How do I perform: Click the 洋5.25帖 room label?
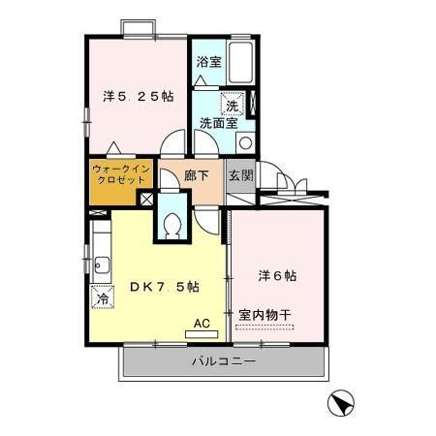click(x=139, y=96)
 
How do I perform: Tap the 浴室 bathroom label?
click(x=209, y=62)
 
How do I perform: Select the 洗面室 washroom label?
click(x=218, y=123)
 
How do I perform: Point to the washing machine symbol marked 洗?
click(x=233, y=105)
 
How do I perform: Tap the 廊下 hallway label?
click(x=197, y=176)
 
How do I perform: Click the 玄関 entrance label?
click(x=240, y=176)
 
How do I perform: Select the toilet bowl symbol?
click(x=172, y=225)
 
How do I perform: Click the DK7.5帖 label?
click(x=165, y=287)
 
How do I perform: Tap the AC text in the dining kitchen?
click(x=202, y=323)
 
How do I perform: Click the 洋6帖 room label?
click(x=277, y=275)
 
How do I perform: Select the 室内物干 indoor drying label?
click(x=265, y=315)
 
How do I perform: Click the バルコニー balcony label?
click(x=222, y=362)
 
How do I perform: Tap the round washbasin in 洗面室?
click(x=244, y=142)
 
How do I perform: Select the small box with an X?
click(x=145, y=198)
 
